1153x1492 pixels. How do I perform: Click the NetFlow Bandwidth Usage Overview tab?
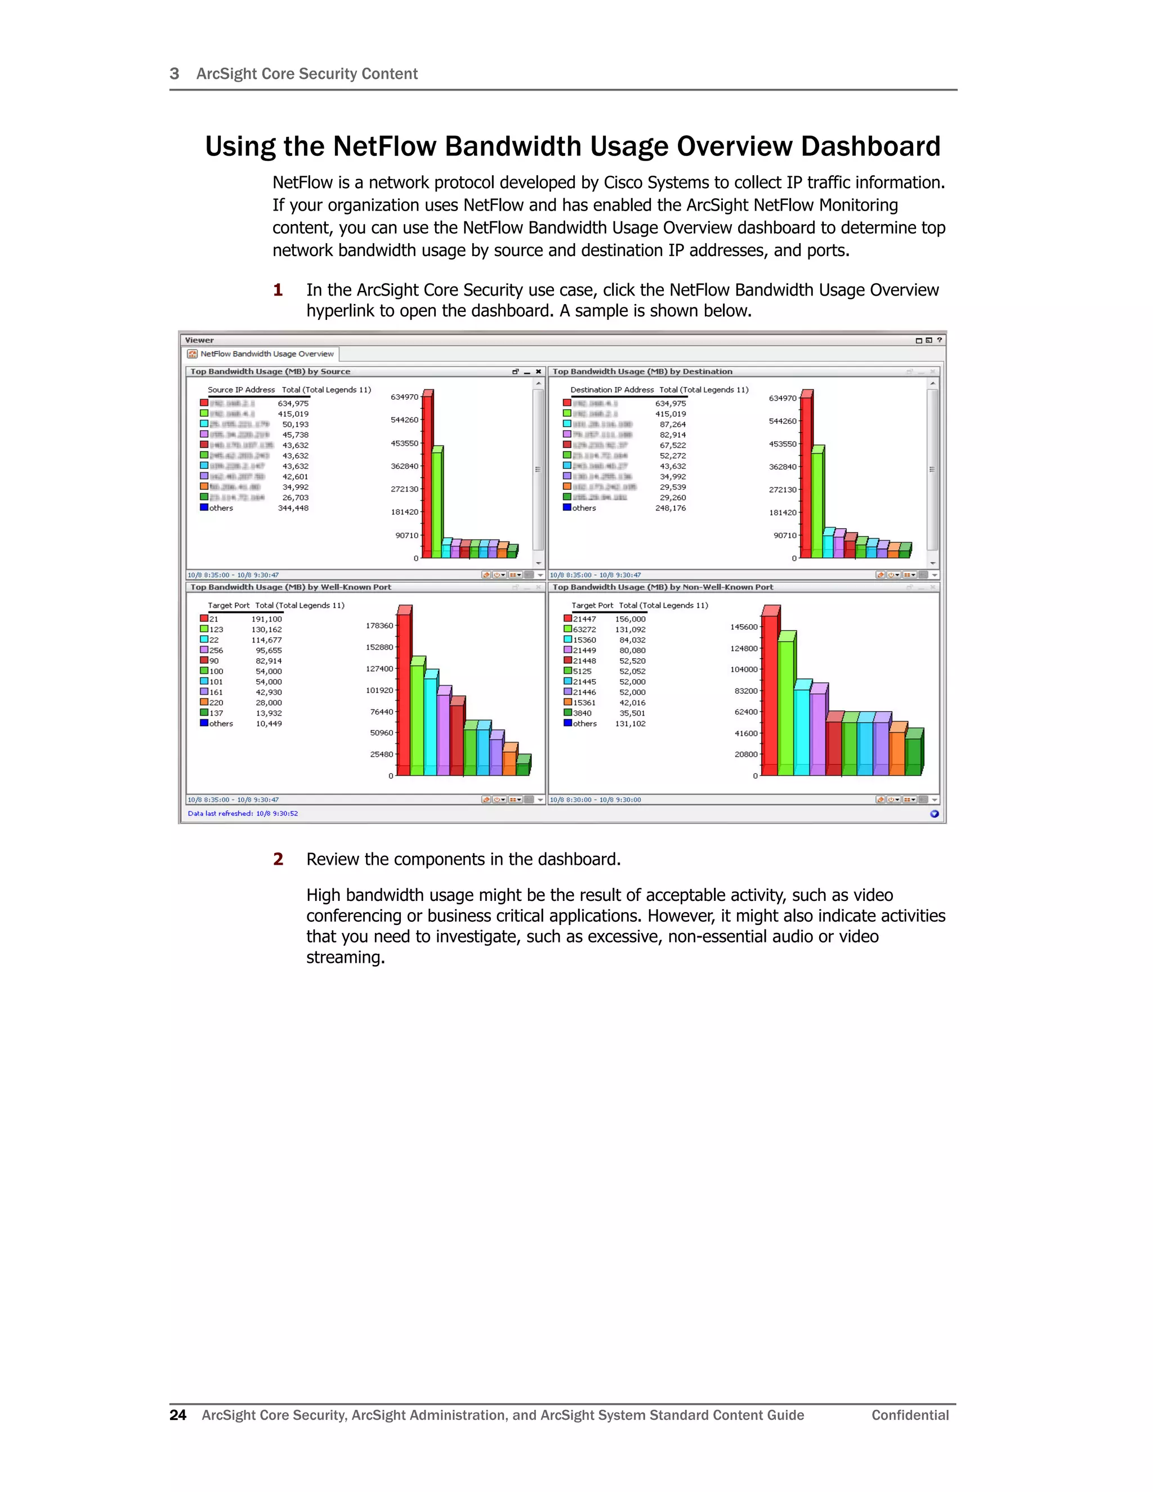pyautogui.click(x=266, y=354)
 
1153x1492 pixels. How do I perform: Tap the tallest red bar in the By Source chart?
pyautogui.click(x=427, y=478)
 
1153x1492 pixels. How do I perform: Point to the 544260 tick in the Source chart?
pyautogui.click(x=404, y=420)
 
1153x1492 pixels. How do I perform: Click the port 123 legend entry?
pyautogui.click(x=216, y=630)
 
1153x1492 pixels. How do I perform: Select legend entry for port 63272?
pyautogui.click(x=584, y=630)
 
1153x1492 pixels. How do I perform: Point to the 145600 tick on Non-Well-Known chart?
pyautogui.click(x=744, y=627)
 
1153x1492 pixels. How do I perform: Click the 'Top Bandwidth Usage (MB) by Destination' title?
pyautogui.click(x=642, y=372)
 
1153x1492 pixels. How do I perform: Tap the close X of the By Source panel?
pyautogui.click(x=538, y=372)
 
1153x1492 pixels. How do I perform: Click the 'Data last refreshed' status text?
pyautogui.click(x=243, y=814)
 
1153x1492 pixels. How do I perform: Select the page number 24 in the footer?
pyautogui.click(x=177, y=1415)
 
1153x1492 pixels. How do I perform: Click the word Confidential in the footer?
pyautogui.click(x=910, y=1415)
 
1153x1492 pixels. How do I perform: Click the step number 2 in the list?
pyautogui.click(x=278, y=859)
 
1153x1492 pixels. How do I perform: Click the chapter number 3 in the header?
pyautogui.click(x=174, y=74)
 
